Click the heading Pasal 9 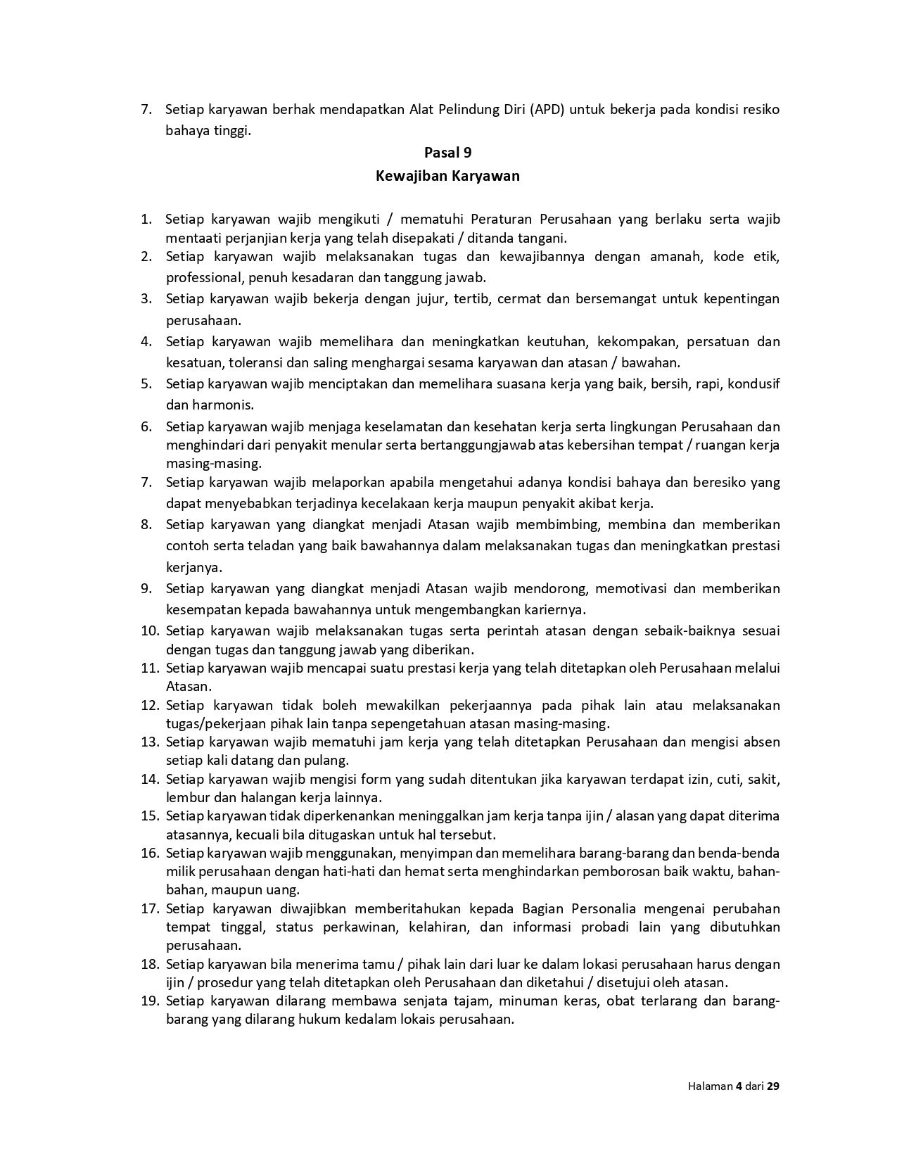pos(447,153)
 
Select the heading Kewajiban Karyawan pos(447,176)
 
